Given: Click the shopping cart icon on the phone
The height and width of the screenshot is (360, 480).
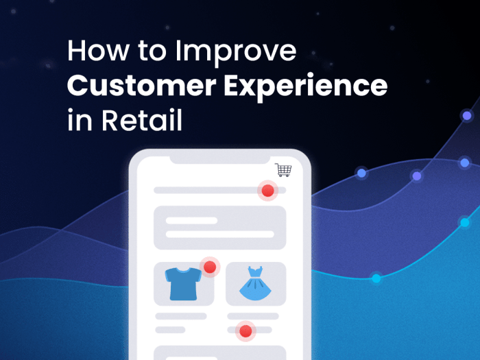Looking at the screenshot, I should coord(283,170).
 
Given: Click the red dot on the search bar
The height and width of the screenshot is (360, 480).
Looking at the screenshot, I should coord(267,191).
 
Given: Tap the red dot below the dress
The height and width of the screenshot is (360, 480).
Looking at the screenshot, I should coord(245,332).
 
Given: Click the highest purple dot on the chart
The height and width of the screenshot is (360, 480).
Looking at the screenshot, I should coord(467,115).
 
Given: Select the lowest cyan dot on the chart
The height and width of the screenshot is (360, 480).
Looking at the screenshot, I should coord(376,278).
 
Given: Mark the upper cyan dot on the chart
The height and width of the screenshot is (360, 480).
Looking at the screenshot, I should coord(465,222).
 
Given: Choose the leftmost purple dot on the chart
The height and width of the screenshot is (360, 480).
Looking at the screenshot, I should coord(361,173).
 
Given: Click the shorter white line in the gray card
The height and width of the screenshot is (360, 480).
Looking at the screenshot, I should coord(191,221).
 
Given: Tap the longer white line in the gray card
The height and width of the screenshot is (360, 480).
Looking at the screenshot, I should coord(219,235).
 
